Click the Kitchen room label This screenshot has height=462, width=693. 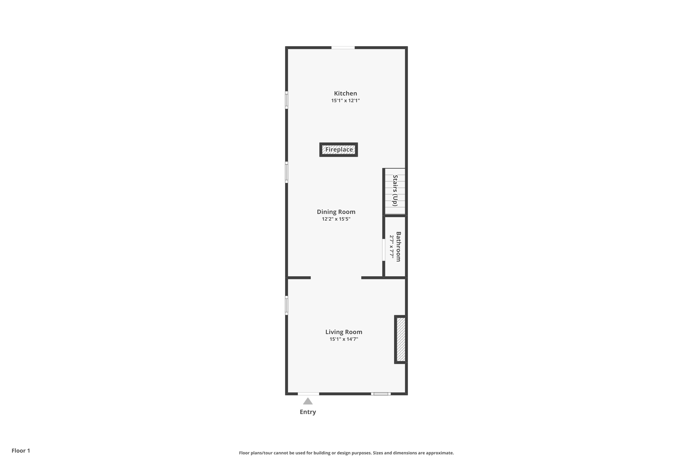click(x=345, y=93)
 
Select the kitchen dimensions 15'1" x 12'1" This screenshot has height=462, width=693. click(x=345, y=100)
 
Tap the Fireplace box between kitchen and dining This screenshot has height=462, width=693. click(x=339, y=150)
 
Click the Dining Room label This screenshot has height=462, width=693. click(x=336, y=212)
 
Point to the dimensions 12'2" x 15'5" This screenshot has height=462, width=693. click(x=336, y=219)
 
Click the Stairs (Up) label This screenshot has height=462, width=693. click(x=395, y=191)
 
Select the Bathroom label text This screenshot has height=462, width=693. click(x=398, y=247)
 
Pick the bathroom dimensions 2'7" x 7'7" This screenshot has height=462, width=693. click(x=392, y=247)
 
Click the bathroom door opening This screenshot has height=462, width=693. click(x=384, y=250)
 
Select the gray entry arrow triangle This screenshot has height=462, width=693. click(x=308, y=401)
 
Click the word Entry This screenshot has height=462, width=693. click(x=308, y=412)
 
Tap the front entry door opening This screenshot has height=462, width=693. click(x=308, y=394)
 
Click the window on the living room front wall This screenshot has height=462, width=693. click(x=381, y=394)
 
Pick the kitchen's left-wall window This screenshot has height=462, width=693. click(x=286, y=100)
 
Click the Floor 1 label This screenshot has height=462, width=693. click(x=21, y=450)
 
